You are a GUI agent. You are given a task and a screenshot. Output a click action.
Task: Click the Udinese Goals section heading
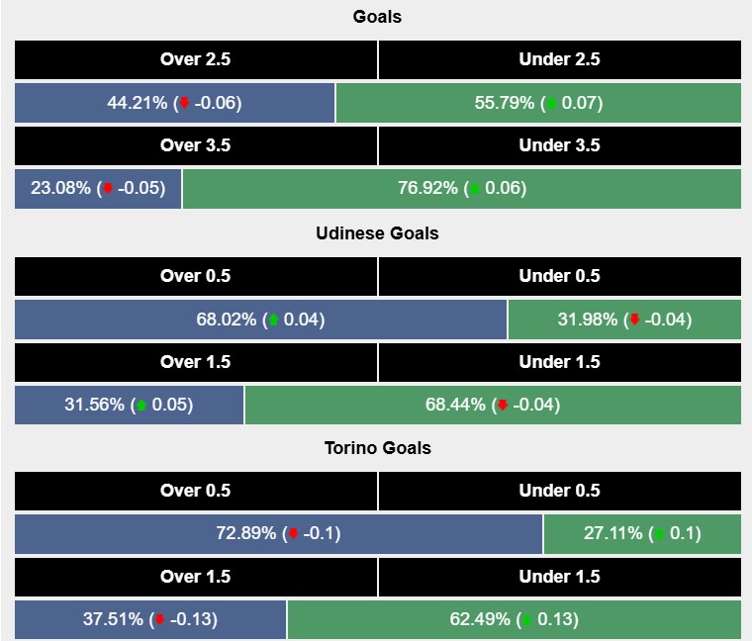point(377,233)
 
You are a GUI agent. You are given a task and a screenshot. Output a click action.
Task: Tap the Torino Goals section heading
point(377,448)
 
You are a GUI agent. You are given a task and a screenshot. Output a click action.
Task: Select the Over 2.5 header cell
point(195,59)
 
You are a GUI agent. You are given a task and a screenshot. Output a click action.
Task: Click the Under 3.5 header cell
point(559,145)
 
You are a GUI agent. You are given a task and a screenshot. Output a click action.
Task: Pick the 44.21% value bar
point(174,103)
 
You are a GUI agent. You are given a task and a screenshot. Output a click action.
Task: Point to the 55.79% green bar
point(538,103)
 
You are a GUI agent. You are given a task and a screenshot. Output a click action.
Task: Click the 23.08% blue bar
point(98,189)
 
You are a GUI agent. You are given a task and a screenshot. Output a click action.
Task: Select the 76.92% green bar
point(461,189)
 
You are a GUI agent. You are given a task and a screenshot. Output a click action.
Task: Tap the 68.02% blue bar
point(260,320)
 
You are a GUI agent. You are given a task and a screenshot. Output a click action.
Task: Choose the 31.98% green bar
point(623,320)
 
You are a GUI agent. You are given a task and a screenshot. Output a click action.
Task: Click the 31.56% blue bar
point(129,406)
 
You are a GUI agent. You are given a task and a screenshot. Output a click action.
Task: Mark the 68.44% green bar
point(493,406)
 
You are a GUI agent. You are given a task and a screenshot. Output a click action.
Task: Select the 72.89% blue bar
point(278,534)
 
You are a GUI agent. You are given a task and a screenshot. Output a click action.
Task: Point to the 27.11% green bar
point(642,534)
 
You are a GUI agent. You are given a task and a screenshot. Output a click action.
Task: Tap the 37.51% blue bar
point(150,620)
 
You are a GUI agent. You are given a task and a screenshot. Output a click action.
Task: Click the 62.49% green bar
point(514,620)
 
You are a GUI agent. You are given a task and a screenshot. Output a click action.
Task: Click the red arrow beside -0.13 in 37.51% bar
point(160,620)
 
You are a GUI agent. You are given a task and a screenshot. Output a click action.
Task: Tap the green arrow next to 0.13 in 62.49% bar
point(527,620)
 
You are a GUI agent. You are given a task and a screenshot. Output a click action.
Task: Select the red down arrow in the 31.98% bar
point(634,320)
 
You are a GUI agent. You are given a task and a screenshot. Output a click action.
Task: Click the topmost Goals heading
point(377,17)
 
